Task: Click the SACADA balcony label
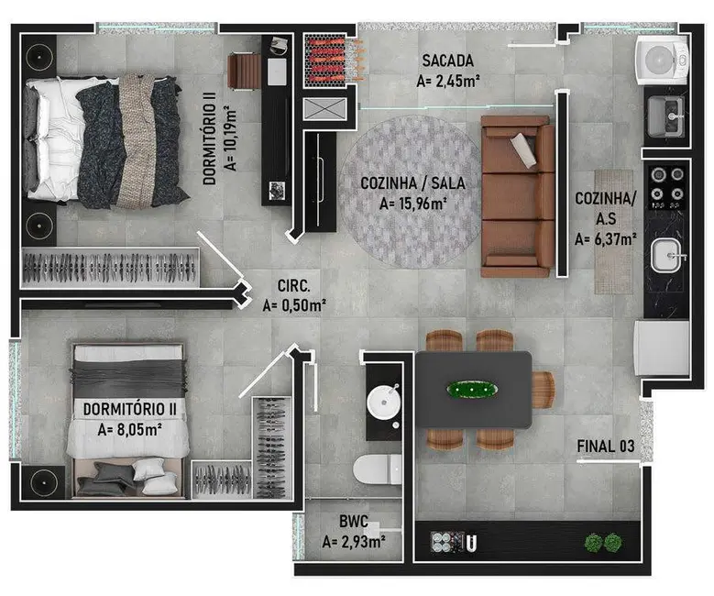pos(447,61)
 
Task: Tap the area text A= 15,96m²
pos(413,204)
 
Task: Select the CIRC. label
pos(293,286)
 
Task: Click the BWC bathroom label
pos(354,521)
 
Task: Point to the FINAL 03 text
pos(605,447)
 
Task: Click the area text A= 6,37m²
pos(606,238)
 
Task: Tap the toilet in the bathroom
pos(378,469)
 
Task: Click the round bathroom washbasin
pos(384,402)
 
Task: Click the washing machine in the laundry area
pos(662,61)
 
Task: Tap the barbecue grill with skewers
pos(333,60)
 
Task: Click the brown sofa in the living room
pos(518,196)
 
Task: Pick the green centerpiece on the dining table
pos(472,390)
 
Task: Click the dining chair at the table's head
pos(544,390)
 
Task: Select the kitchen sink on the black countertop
pos(666,255)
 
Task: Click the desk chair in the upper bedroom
pos(244,72)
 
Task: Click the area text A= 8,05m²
pos(130,429)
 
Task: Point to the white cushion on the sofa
pos(523,149)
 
